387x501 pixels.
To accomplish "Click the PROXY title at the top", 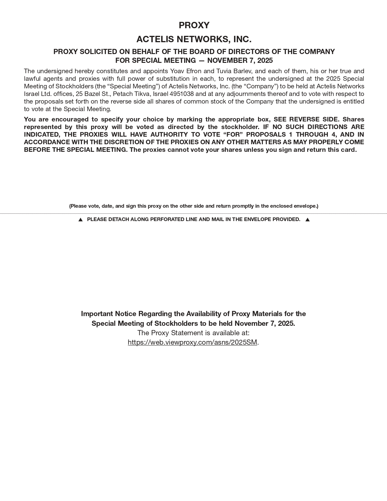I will pos(194,25).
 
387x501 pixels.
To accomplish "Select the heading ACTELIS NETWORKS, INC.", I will pos(194,39).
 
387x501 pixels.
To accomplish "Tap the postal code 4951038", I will pos(182,94).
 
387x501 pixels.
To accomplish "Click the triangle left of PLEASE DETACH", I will pos(80,220).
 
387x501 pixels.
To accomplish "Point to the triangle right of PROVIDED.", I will pos(307,220).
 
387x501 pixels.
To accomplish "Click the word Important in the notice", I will pos(97,314).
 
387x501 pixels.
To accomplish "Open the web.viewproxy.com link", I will pos(192,342).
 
